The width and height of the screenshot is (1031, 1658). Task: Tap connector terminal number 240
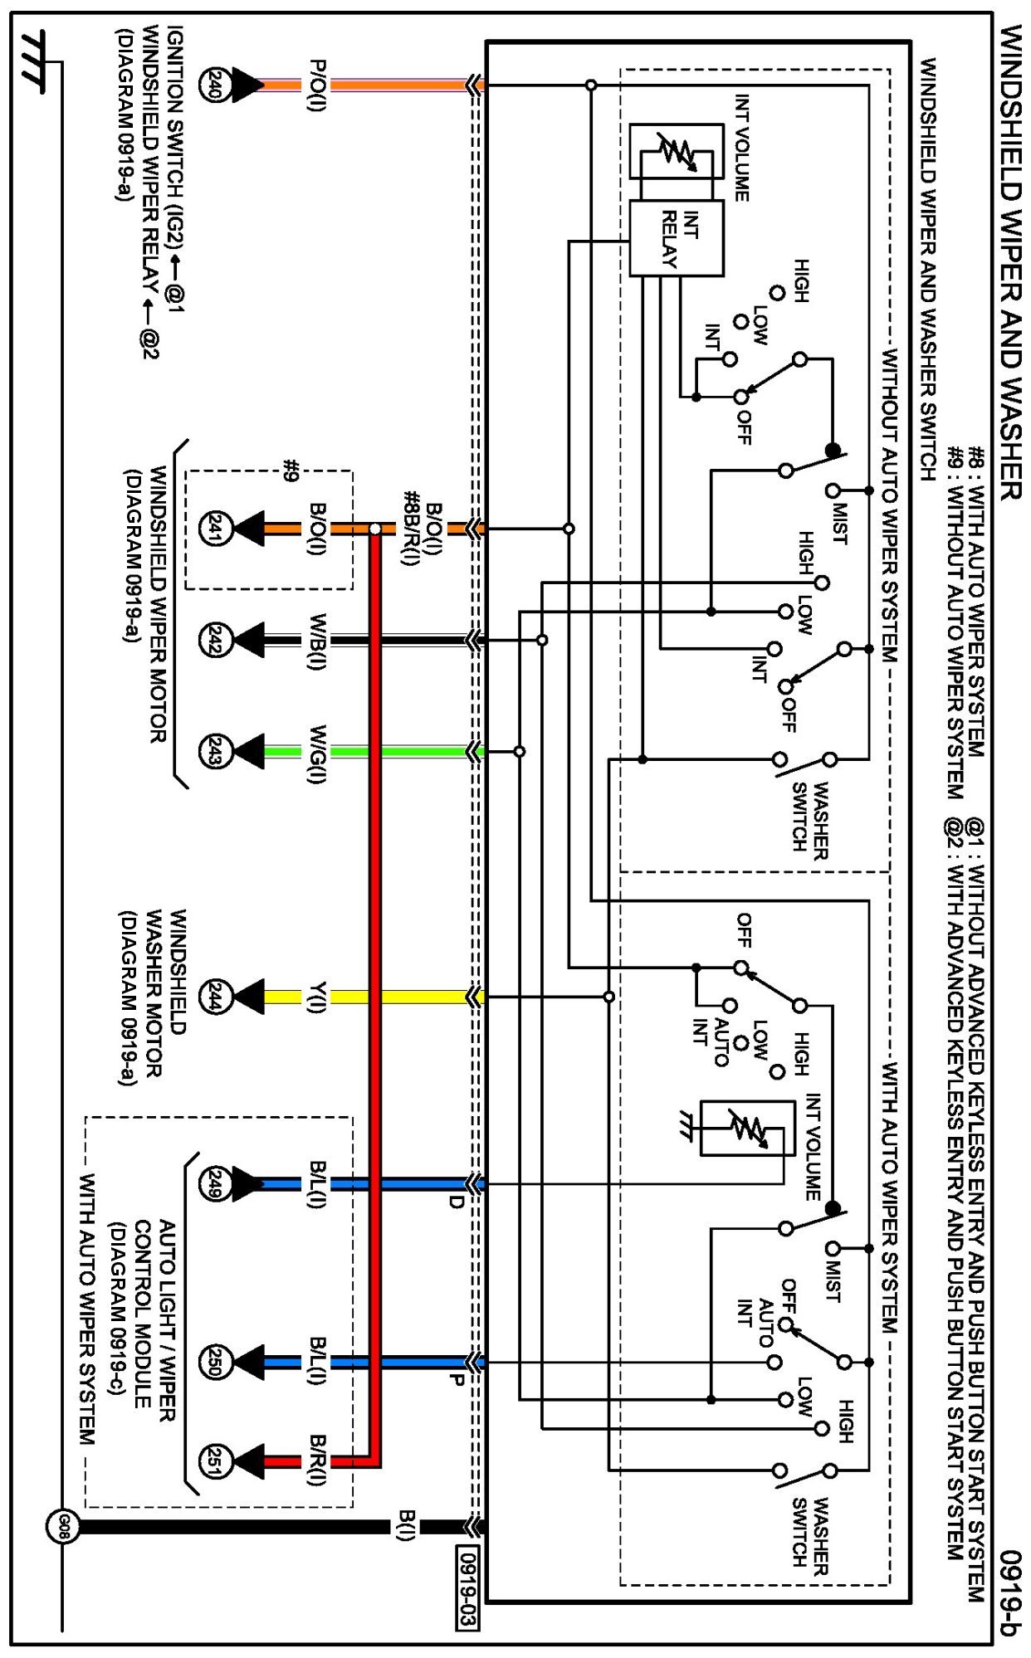(213, 85)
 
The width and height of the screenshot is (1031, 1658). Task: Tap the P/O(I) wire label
(317, 85)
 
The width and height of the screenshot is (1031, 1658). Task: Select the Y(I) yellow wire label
(317, 997)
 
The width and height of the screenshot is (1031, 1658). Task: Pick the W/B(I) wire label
(317, 641)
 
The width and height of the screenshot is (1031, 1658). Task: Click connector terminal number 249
(213, 1184)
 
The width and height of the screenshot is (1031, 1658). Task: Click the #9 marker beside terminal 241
(290, 471)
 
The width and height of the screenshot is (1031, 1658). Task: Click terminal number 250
(213, 1362)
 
